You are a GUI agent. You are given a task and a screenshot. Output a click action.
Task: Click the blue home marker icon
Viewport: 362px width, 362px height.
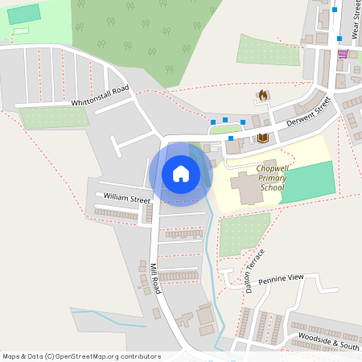180,174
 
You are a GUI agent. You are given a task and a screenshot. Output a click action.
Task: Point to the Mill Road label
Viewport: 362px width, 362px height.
156,278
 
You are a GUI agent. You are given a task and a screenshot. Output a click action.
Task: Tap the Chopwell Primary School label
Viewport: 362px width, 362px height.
270,178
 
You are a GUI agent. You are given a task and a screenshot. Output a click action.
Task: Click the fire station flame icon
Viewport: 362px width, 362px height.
262,95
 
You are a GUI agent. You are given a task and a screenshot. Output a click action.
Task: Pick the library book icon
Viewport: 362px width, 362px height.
262,138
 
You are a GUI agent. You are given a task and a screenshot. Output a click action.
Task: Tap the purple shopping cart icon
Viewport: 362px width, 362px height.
343,54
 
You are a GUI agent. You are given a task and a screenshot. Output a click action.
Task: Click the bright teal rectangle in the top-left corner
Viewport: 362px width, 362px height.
23,14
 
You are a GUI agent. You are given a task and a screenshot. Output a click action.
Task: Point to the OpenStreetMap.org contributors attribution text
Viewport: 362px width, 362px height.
105,356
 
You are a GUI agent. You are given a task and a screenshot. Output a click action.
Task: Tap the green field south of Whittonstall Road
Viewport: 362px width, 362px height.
54,117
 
